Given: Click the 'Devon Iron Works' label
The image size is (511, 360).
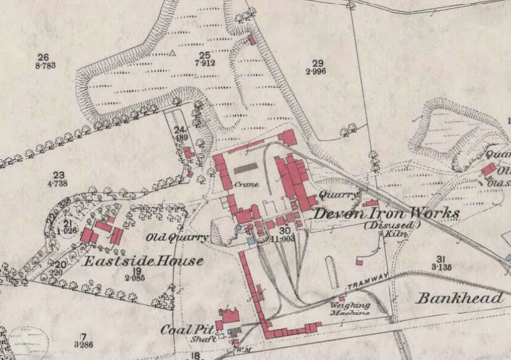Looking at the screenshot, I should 387,214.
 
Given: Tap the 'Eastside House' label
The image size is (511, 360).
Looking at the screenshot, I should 142,261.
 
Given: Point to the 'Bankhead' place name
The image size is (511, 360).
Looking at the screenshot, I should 459,298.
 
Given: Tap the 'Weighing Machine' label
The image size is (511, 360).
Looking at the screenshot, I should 349,309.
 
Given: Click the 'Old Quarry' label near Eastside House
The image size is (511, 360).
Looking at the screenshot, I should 177,238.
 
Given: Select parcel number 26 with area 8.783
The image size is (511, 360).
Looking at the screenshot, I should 44,61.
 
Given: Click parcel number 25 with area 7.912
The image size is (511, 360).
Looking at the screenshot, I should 205,59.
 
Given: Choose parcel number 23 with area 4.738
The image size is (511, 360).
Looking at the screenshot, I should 58,178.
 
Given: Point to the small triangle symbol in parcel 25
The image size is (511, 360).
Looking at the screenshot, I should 173,52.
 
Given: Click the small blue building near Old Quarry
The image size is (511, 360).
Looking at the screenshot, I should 251,240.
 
